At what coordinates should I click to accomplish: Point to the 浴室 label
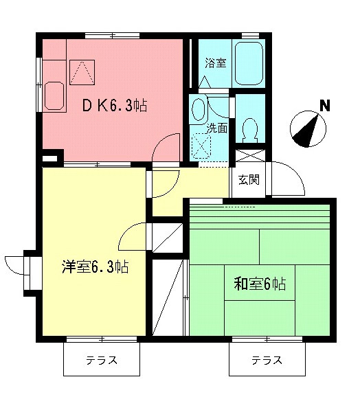click(215, 63)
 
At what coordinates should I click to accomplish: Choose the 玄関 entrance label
click(249, 180)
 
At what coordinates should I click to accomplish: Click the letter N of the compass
click(324, 106)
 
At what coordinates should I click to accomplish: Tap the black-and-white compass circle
click(305, 131)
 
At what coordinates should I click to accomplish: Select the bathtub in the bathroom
click(249, 63)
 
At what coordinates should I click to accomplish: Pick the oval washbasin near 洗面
click(199, 109)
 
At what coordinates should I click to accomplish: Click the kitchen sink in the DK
click(54, 97)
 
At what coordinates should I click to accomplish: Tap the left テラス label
click(101, 360)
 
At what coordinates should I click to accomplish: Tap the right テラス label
click(266, 360)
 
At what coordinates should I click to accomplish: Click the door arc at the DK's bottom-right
click(166, 148)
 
